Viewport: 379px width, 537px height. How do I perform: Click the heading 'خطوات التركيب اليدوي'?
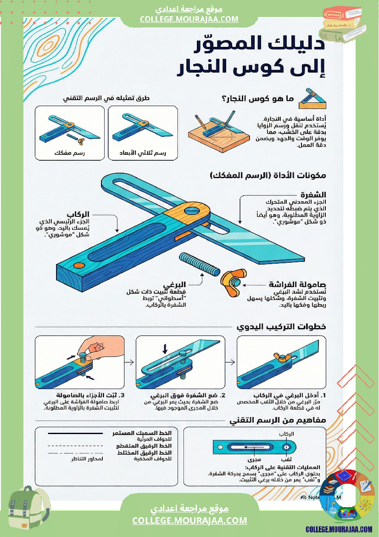281,327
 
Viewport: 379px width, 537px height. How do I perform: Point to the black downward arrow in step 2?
165,350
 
